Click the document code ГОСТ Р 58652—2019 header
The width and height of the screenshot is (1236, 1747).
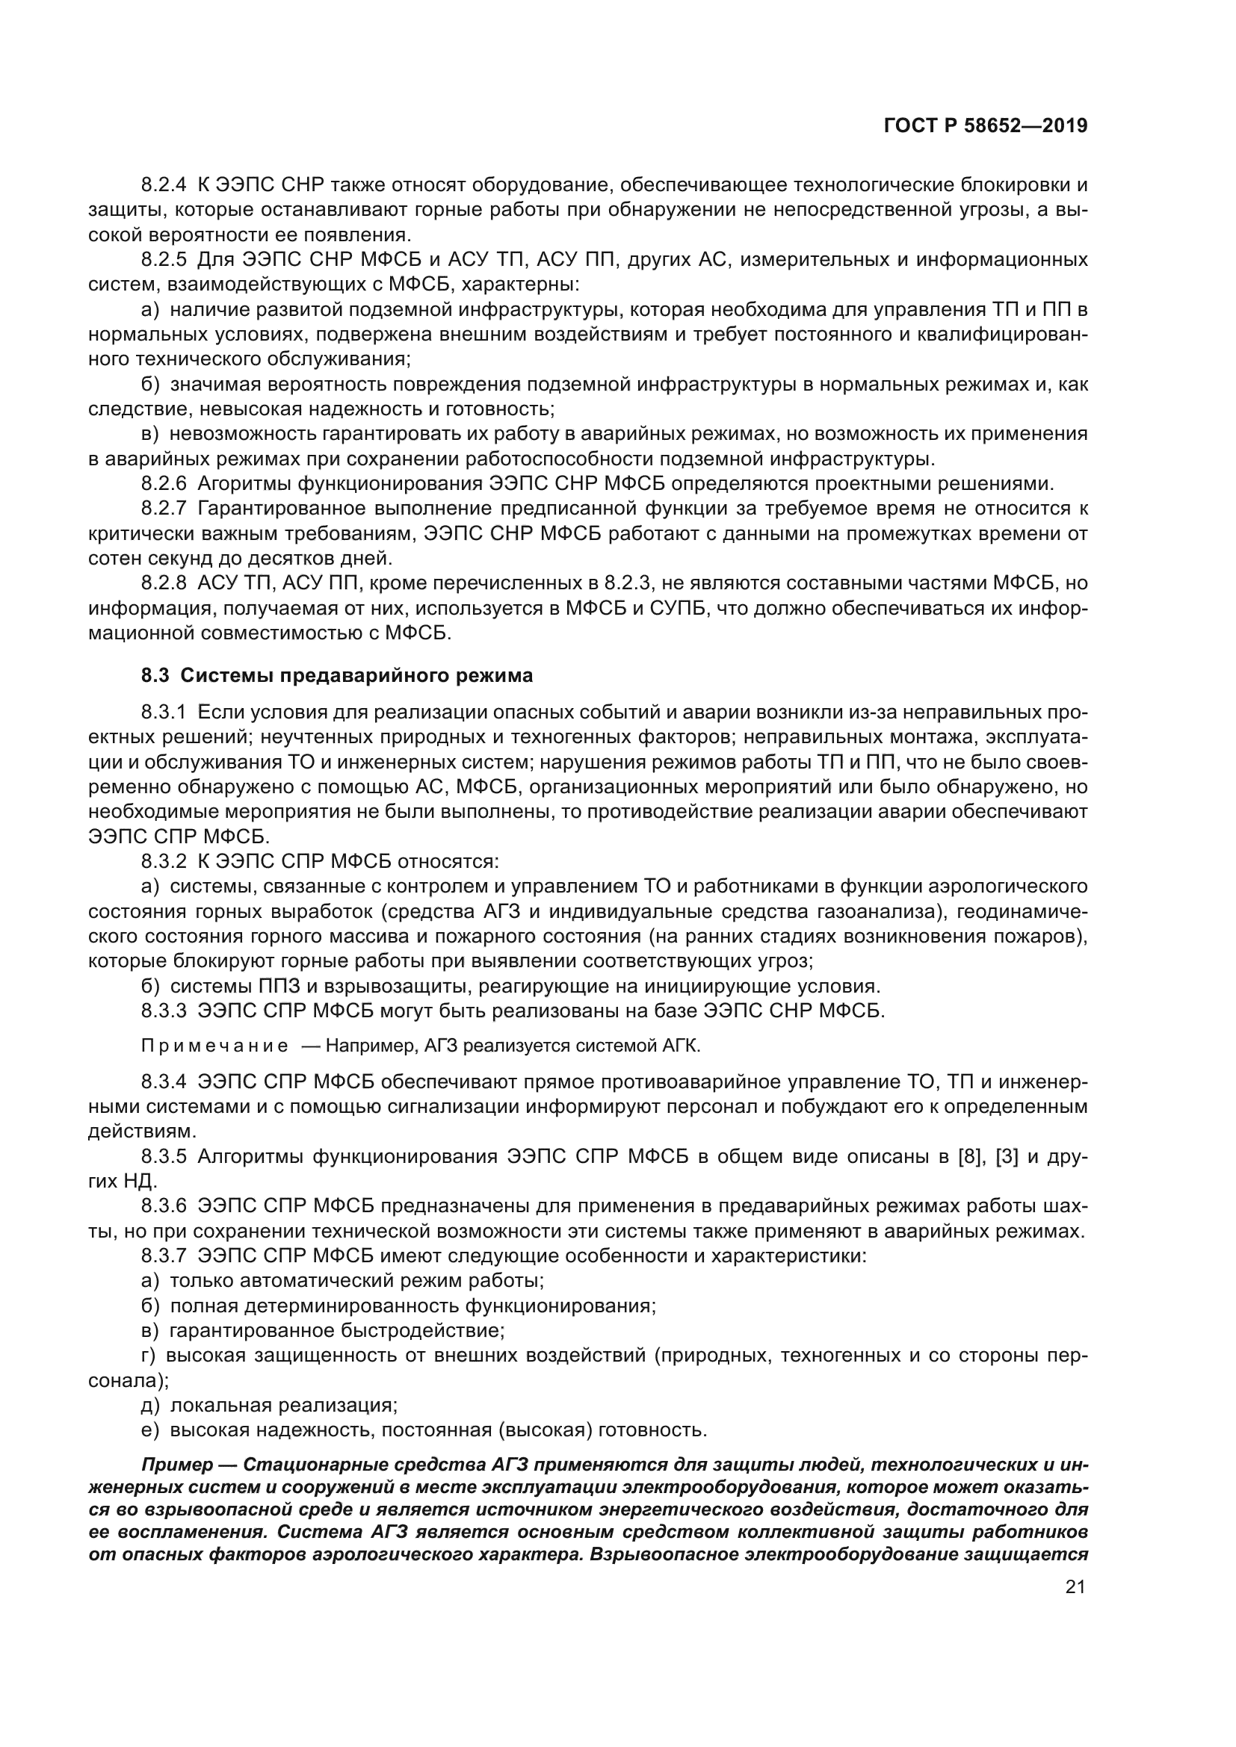point(986,126)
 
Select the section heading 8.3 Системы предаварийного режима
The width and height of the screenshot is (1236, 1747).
point(336,676)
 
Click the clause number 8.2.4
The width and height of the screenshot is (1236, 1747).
point(164,185)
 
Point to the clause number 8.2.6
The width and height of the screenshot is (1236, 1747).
point(164,483)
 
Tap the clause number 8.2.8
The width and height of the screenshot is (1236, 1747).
point(164,583)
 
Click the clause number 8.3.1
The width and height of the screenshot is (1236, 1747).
point(164,713)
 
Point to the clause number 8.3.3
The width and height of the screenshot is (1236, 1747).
point(164,1011)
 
